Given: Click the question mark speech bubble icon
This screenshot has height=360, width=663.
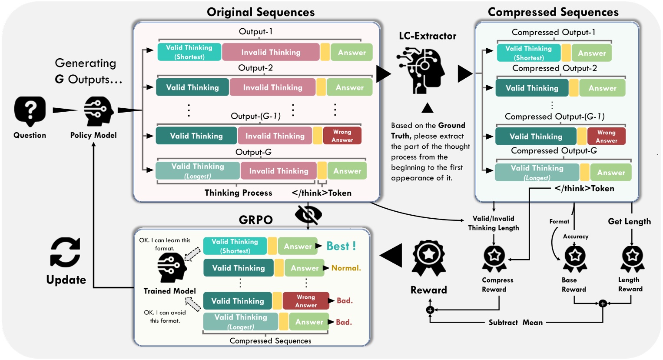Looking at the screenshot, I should point(30,110).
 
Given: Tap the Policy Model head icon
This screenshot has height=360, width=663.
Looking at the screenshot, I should point(98,111).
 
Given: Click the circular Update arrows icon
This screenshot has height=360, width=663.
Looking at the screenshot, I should point(65,252).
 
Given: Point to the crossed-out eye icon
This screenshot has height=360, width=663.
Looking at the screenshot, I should point(308,214).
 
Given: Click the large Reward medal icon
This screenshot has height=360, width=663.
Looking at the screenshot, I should point(429,259).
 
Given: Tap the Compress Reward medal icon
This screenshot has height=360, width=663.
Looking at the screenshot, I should point(494,258).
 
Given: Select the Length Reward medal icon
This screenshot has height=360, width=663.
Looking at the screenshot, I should point(632,258).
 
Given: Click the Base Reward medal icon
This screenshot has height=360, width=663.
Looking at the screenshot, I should point(575,258).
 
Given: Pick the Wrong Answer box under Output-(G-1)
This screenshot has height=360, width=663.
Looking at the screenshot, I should point(342,136).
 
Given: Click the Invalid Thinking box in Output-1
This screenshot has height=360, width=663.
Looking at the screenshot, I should point(271,52).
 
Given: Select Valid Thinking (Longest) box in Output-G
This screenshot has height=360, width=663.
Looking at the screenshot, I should point(198,171).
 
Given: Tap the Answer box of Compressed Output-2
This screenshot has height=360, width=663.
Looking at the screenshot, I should point(602,88).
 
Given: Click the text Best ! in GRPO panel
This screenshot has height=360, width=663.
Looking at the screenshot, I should point(341,246).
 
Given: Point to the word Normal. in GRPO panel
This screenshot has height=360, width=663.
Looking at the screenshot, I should point(346,268).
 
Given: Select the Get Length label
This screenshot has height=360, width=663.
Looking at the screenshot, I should point(629,221).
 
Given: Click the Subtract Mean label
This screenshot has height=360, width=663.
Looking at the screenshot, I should point(515,322).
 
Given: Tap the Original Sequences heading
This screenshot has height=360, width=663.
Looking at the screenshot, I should point(261,12).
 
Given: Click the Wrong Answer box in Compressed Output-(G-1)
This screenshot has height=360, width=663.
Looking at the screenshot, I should point(606,136).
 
